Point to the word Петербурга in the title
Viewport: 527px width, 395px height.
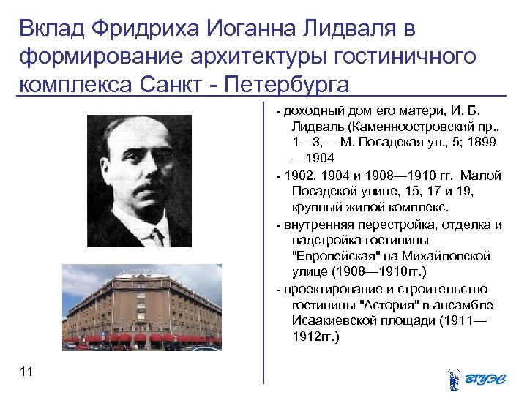point(288,83)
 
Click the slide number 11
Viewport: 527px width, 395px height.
point(27,373)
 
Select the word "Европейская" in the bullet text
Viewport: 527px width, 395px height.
point(337,257)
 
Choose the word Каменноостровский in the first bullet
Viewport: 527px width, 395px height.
point(396,127)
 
